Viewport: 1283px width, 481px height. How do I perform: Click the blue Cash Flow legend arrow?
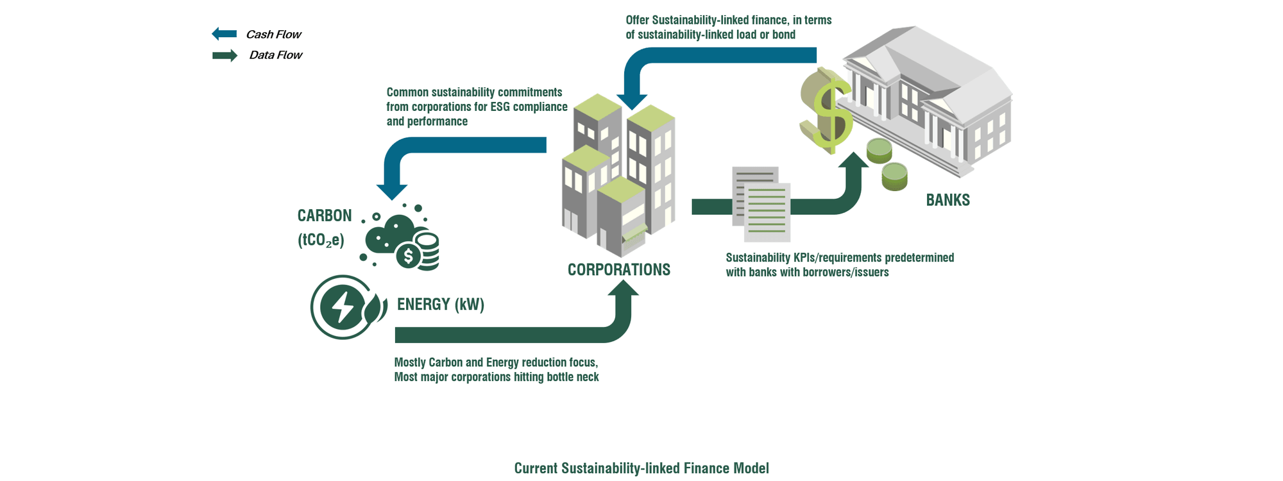point(225,34)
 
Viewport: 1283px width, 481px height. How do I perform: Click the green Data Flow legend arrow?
point(225,56)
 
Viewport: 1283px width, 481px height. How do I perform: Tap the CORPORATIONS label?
point(619,270)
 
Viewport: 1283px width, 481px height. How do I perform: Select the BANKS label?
point(947,200)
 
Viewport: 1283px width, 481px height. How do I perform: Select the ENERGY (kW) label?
point(441,304)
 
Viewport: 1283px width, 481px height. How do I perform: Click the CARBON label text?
point(325,215)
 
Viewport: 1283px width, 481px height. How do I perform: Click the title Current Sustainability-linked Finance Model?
point(641,468)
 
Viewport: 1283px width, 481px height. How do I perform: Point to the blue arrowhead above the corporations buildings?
point(632,101)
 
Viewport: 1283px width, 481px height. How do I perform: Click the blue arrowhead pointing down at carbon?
point(392,192)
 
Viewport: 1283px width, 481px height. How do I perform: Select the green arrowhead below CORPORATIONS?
point(623,288)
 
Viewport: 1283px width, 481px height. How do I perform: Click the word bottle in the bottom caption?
point(559,377)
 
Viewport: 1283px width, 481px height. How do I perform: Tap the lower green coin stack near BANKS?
point(895,177)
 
